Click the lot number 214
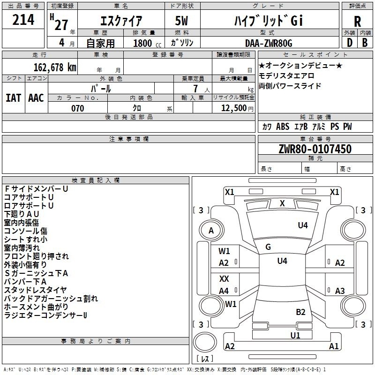[23, 20]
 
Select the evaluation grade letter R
[357, 22]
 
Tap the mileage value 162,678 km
[55, 67]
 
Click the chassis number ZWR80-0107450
[315, 149]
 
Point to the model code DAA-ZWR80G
[269, 43]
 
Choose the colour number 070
[77, 108]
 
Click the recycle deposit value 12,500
[233, 108]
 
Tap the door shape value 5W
[181, 21]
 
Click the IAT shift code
[13, 98]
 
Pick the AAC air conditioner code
[36, 98]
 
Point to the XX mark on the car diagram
[224, 278]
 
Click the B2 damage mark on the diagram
[300, 312]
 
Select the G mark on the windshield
[268, 247]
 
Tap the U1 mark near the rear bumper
[295, 335]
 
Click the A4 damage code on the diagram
[224, 291]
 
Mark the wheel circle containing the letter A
[211, 231]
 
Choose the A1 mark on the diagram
[334, 346]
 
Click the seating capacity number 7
[195, 89]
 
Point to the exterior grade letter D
[349, 43]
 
